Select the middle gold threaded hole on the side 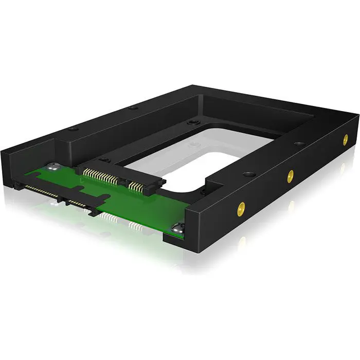[x=291, y=174]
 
